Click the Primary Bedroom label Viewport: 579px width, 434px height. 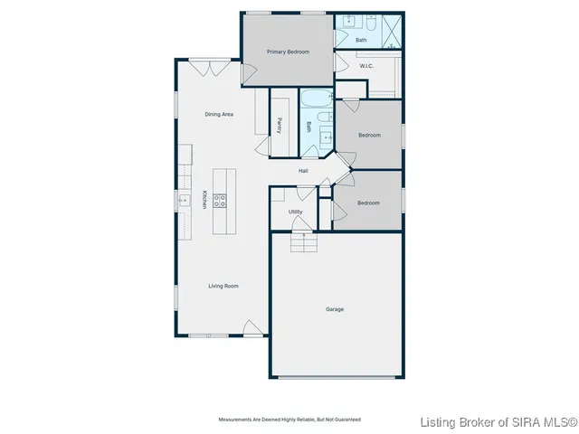pos(288,52)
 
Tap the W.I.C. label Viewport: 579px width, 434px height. pos(366,66)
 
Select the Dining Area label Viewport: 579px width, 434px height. pos(219,114)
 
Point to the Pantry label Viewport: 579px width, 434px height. pos(280,126)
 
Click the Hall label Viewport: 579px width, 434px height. pos(304,171)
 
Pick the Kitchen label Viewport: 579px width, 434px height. pos(204,200)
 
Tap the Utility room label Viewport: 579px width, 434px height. pos(296,212)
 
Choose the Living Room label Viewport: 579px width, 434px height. pos(223,286)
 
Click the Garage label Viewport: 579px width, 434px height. pos(335,309)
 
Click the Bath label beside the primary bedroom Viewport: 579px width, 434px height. pos(361,40)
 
